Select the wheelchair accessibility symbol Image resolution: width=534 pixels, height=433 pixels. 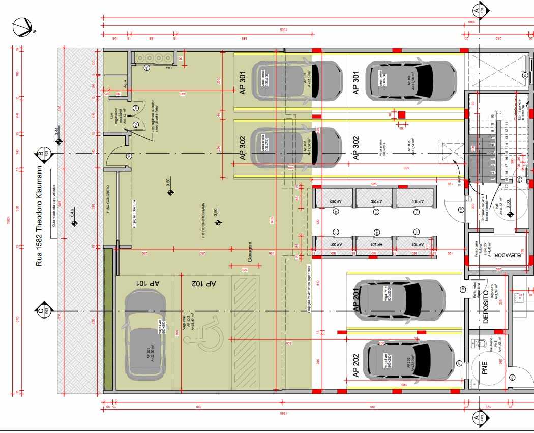click(x=210, y=336)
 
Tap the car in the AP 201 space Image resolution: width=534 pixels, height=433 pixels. click(x=400, y=300)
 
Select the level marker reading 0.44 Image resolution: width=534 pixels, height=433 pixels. click(x=58, y=138)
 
